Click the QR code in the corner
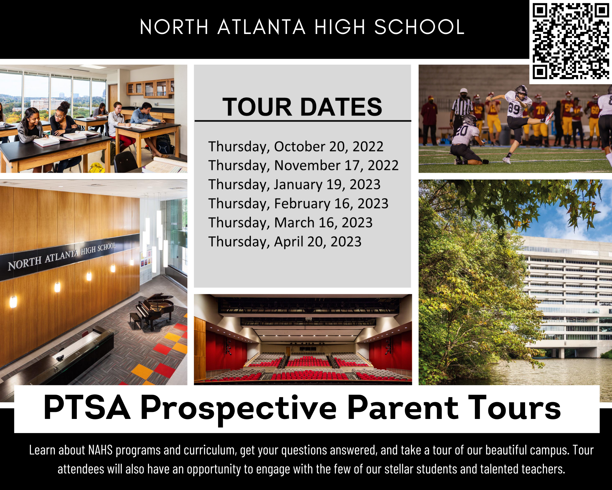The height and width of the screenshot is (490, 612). (571, 41)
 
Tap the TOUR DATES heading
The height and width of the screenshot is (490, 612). (302, 107)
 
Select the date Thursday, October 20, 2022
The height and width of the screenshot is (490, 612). (296, 147)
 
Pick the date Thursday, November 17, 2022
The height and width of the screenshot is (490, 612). (304, 166)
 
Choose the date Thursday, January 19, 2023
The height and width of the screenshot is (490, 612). (294, 185)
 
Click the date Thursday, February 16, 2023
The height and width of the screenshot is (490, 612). (298, 204)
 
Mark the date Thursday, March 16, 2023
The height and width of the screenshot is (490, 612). (290, 223)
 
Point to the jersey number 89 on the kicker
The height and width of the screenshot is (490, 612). (514, 109)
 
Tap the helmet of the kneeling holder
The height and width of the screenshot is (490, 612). (470, 120)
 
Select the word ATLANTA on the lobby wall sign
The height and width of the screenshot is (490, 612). (61, 256)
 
